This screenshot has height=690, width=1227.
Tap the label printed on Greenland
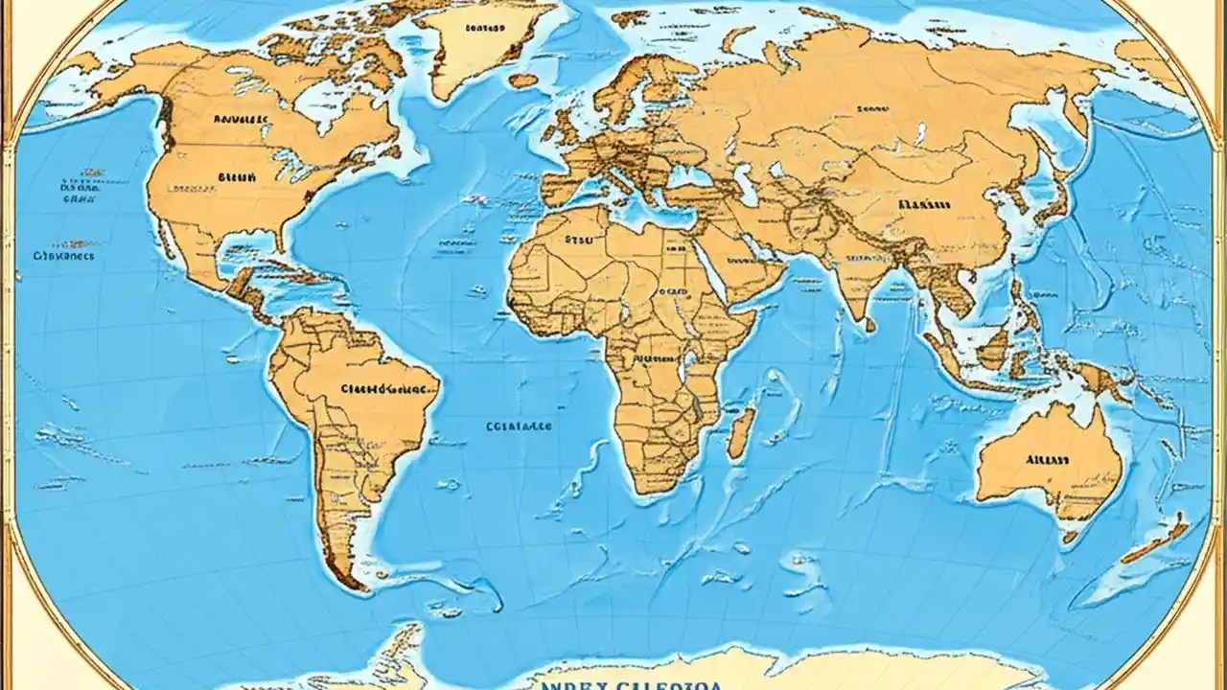click(x=483, y=29)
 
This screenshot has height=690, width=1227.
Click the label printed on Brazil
click(x=382, y=390)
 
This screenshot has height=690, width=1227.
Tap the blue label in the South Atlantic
click(x=519, y=427)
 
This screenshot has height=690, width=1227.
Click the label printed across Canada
click(x=241, y=121)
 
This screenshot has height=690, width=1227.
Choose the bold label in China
click(x=924, y=204)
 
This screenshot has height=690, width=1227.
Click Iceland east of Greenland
click(x=522, y=81)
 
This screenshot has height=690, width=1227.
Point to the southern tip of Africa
click(x=652, y=489)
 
